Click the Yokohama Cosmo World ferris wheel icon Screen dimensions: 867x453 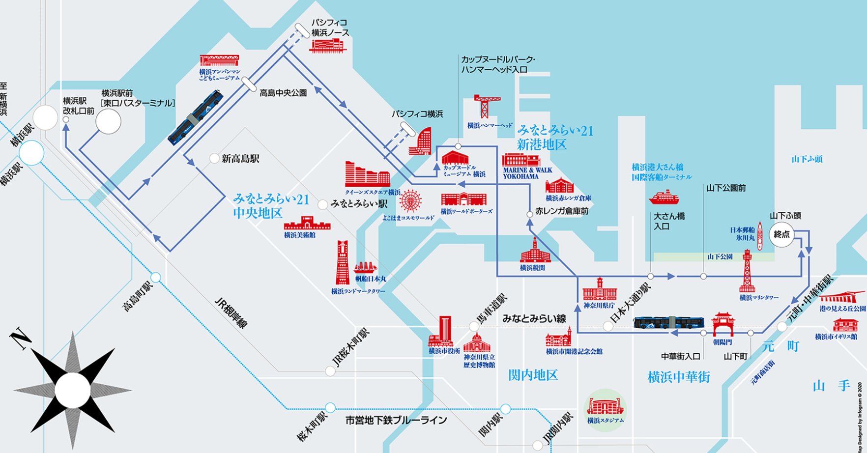coord(410,201)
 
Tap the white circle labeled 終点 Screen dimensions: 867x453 coord(781,234)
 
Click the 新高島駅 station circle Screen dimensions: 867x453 coord(214,159)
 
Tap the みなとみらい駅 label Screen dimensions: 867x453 coord(359,203)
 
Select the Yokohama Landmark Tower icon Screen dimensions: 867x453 coord(343,262)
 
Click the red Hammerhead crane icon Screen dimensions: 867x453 coord(486,105)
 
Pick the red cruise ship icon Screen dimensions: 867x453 coord(664,197)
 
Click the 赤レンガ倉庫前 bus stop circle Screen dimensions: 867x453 coord(529,214)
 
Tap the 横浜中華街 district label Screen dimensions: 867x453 coord(679,377)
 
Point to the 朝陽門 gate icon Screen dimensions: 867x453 coord(723,324)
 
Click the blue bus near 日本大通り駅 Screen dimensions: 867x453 coord(668,322)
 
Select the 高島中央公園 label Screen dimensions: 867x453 coord(283,92)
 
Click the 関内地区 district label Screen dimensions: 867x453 coord(533,375)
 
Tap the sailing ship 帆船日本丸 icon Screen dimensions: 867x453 coord(365,268)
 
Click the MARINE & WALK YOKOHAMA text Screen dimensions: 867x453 coord(527,173)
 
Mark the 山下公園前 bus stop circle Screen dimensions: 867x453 coord(703,277)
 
